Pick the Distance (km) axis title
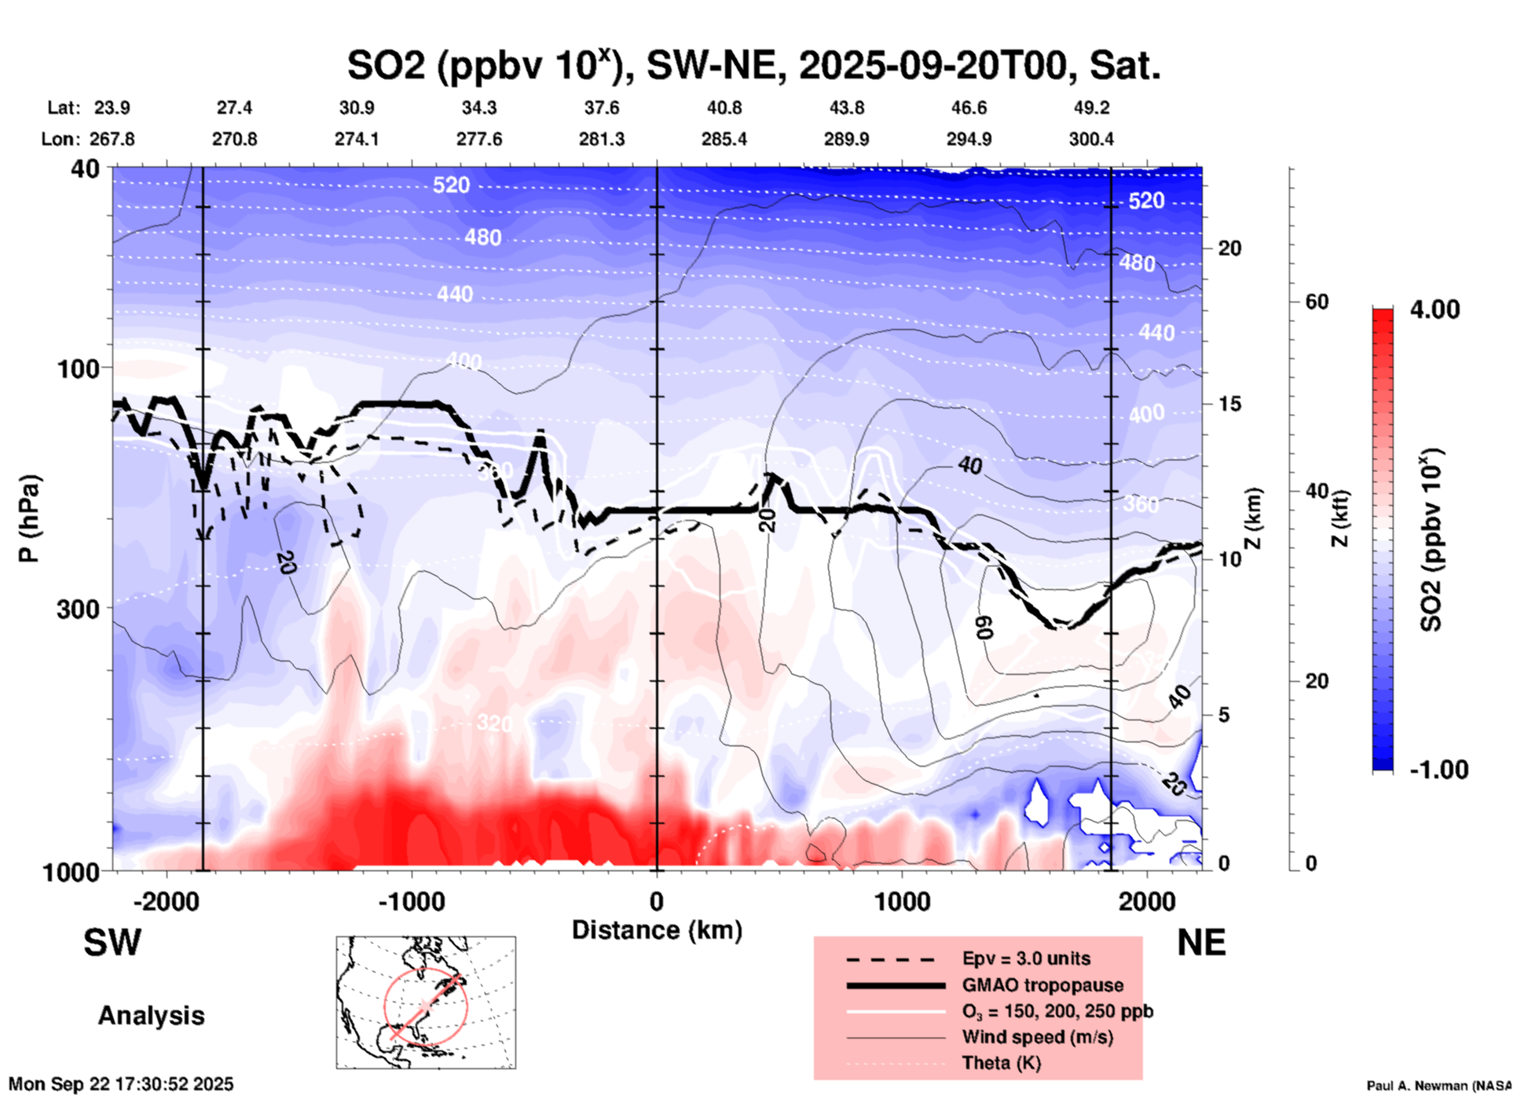coord(657,930)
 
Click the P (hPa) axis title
coord(30,518)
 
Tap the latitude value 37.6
coord(602,108)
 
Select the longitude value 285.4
coord(724,139)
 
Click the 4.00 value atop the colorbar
coord(1434,309)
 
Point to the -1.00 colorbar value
coord(1438,770)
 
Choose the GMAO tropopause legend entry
coord(1042,985)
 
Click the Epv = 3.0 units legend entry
coord(1026,958)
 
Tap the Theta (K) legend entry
coord(1001,1063)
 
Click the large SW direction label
coord(112,943)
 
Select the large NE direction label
coord(1201,943)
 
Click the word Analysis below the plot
coord(151,1016)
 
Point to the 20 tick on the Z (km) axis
coord(1229,249)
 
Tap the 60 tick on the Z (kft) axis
coord(1317,302)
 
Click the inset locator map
coord(426,1002)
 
